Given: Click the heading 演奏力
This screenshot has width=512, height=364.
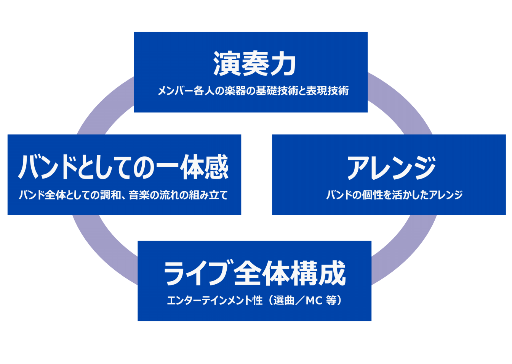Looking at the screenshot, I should pos(254,63).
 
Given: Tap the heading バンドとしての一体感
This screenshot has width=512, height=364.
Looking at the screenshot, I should pos(124,167).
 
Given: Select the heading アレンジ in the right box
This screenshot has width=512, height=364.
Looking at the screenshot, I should pos(391,168).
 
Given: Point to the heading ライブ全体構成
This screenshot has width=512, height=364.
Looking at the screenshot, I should pos(254,273).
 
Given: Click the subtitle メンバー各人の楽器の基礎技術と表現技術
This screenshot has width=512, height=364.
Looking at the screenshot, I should pos(253,91).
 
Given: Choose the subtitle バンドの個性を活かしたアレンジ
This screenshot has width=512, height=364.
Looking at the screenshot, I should pos(394,195).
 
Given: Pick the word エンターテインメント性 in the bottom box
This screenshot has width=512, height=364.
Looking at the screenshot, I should pos(215,301).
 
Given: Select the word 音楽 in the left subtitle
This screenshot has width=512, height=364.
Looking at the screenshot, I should pos(139,195).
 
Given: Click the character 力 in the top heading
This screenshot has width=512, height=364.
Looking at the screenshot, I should pos(284,63).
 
